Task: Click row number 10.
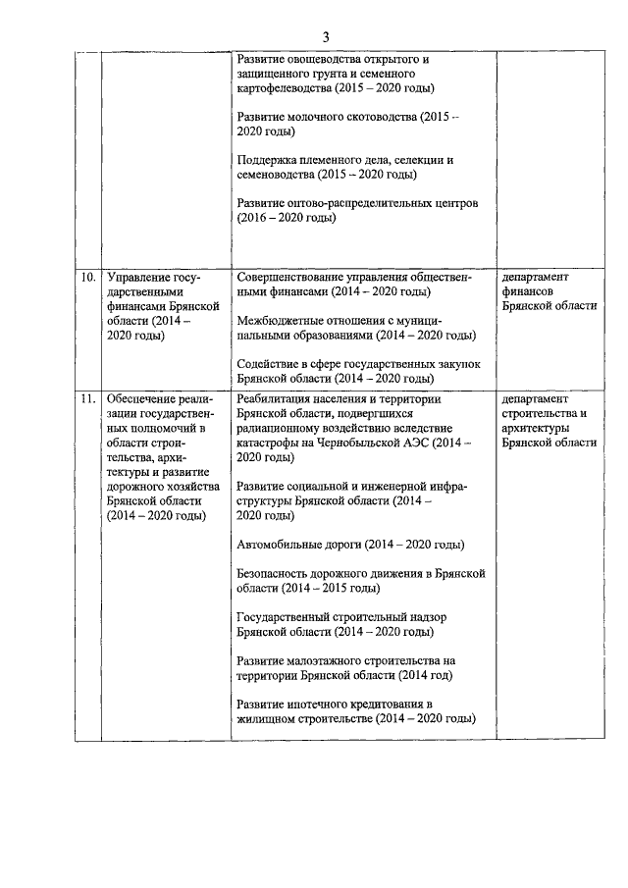click(88, 278)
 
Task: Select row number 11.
click(88, 400)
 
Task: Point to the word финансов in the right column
click(532, 291)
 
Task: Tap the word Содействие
click(271, 364)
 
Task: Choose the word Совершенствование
click(295, 278)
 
